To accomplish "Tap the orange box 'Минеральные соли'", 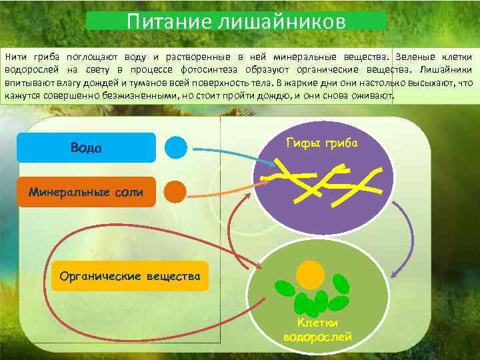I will pyautogui.click(x=86, y=192).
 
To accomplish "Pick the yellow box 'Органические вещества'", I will pyautogui.click(x=130, y=275).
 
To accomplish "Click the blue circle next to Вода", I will pyautogui.click(x=176, y=147).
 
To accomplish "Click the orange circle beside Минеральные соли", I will pyautogui.click(x=175, y=192).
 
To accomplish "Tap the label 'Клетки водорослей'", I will pyautogui.click(x=317, y=330).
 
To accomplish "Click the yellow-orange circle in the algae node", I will pyautogui.click(x=310, y=273).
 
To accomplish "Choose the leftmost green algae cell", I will pyautogui.click(x=285, y=289).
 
